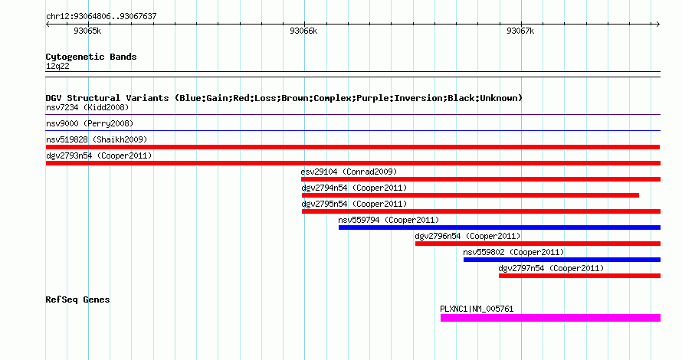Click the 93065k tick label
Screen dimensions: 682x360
(87, 31)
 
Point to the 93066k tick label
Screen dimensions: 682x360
(303, 31)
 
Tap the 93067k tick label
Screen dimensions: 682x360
(520, 31)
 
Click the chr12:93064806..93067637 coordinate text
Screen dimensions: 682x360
(101, 17)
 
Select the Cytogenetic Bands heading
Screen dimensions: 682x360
(91, 57)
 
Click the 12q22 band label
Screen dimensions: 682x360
(57, 66)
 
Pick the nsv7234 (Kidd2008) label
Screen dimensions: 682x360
(87, 107)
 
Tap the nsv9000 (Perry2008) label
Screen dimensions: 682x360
(90, 123)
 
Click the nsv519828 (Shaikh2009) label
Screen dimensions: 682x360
(97, 139)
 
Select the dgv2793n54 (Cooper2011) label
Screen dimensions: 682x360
(99, 155)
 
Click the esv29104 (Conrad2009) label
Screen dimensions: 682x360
(349, 172)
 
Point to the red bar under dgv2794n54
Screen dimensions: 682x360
(471, 195)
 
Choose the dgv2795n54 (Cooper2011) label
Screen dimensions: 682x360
(354, 204)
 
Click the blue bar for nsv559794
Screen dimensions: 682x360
(500, 227)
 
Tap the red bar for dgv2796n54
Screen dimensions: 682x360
(538, 244)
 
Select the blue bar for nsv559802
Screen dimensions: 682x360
(562, 260)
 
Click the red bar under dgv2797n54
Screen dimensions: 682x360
(579, 276)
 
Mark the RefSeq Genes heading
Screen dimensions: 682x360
(77, 299)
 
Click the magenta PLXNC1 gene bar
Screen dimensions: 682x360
(550, 318)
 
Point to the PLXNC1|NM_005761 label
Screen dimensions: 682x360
(477, 309)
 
